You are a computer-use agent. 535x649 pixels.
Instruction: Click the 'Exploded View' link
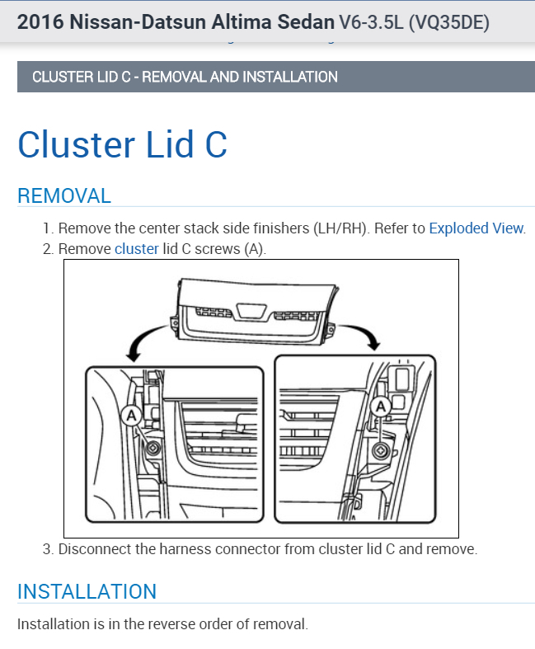coord(476,228)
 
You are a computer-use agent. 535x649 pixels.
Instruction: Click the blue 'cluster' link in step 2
coord(136,248)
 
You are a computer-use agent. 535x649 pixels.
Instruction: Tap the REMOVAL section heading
coord(64,195)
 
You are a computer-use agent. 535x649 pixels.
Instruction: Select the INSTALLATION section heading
coord(87,591)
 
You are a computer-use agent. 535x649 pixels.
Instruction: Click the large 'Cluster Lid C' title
coord(122,143)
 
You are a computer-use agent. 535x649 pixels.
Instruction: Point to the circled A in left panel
coord(130,416)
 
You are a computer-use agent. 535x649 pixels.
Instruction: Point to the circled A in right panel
coord(381,406)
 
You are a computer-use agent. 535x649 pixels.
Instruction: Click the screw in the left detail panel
coord(154,449)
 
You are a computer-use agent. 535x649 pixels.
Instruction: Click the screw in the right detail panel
coord(380,449)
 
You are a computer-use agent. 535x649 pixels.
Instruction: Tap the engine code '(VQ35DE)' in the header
coord(448,22)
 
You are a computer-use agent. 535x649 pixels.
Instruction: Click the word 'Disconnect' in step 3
coord(97,548)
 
